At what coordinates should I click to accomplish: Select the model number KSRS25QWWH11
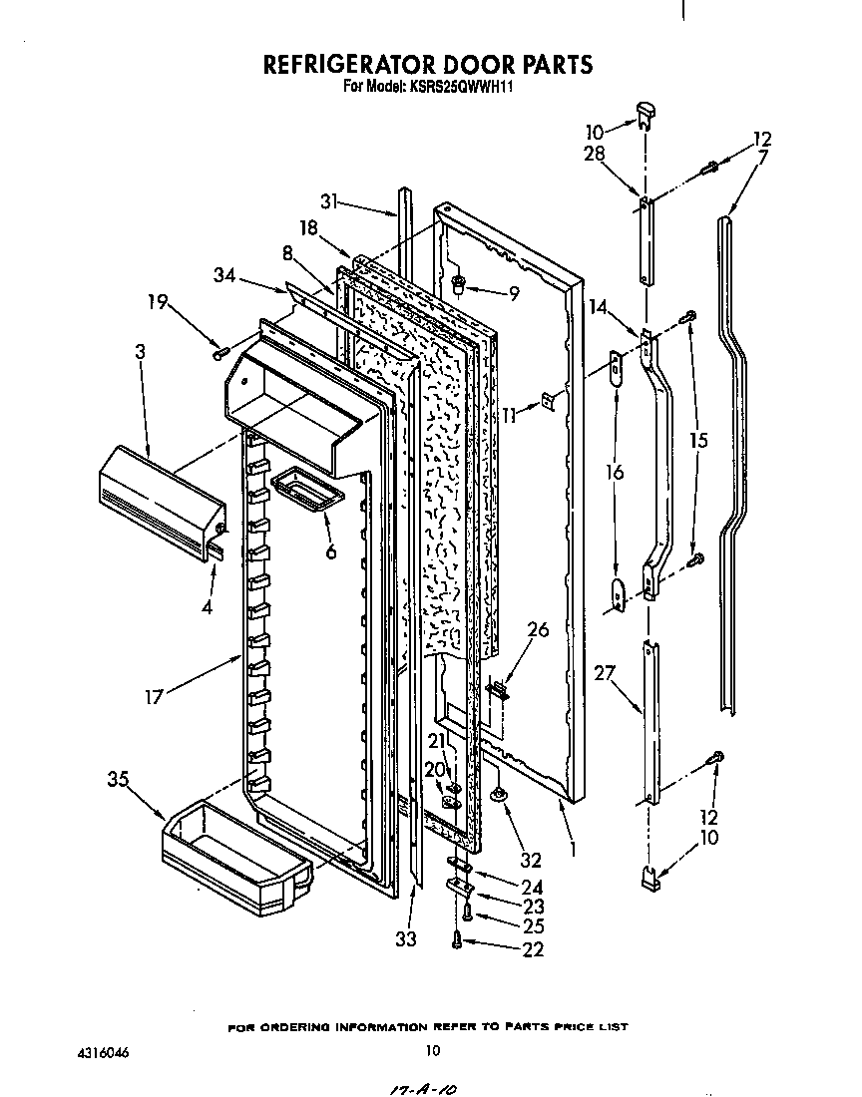[x=464, y=87]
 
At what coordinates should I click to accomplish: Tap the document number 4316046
[x=104, y=1051]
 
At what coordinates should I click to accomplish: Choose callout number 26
[x=538, y=629]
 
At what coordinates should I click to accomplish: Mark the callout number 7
[x=762, y=158]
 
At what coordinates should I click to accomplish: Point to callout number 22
[x=533, y=950]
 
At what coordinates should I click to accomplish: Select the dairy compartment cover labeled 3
[x=160, y=502]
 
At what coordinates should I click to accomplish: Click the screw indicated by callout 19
[x=220, y=351]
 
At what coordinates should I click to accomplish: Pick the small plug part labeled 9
[x=459, y=286]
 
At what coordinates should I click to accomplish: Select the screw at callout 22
[x=458, y=939]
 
